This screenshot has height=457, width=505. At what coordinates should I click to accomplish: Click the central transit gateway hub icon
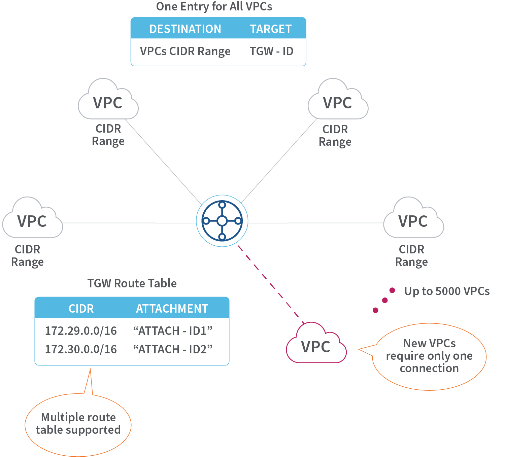[x=222, y=221]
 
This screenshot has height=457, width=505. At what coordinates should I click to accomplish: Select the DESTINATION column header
[x=185, y=29]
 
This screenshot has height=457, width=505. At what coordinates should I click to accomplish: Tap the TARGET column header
[x=271, y=29]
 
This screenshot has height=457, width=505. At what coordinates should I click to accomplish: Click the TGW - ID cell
[x=271, y=51]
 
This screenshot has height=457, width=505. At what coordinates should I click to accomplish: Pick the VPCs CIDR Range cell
[x=185, y=51]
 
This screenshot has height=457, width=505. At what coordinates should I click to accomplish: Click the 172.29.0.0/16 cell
[x=81, y=331]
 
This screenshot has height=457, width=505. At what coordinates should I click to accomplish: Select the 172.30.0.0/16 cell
[x=81, y=349]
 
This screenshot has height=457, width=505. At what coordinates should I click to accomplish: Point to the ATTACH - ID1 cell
[x=173, y=331]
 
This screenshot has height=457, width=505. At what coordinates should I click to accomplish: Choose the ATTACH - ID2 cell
[x=173, y=349]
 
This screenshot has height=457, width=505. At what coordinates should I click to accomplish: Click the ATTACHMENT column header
[x=172, y=309]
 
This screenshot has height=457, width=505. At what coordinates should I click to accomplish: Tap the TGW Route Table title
[x=132, y=283]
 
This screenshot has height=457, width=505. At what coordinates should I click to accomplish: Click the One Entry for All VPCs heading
[x=214, y=7]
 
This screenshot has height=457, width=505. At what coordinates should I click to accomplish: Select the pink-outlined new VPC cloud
[x=316, y=345]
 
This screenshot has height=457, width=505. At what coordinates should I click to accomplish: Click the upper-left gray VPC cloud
[x=108, y=101]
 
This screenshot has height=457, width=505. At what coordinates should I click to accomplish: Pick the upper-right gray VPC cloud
[x=338, y=101]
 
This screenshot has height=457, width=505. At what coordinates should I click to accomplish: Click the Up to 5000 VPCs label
[x=447, y=291]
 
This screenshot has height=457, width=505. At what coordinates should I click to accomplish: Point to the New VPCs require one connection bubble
[x=429, y=356]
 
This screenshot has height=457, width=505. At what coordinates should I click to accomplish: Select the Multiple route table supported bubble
[x=78, y=424]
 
